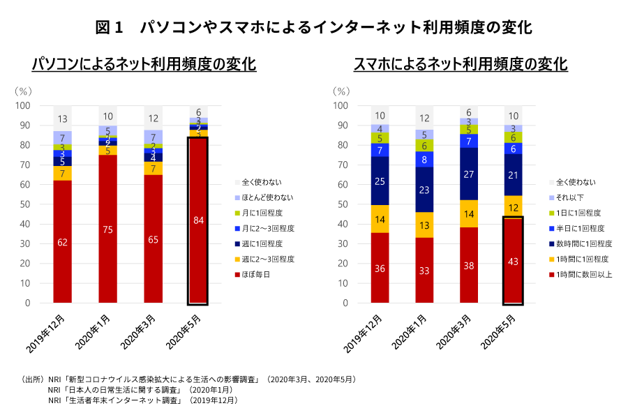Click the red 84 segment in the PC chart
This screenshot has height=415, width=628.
pyautogui.click(x=198, y=220)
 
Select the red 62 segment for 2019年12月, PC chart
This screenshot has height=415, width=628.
pyautogui.click(x=63, y=242)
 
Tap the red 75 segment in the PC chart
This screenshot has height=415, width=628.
pyautogui.click(x=108, y=229)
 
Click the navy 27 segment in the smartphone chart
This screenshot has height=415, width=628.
pyautogui.click(x=470, y=174)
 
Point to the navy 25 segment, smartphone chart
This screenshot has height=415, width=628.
pyautogui.click(x=380, y=181)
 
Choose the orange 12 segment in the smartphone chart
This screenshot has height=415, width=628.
pyautogui.click(x=514, y=207)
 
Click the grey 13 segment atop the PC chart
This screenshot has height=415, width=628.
pyautogui.click(x=63, y=119)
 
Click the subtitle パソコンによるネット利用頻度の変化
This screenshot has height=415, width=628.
pyautogui.click(x=144, y=64)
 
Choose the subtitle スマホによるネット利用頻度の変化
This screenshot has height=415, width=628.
pyautogui.click(x=461, y=64)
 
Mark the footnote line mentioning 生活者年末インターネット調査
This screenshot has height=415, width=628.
pyautogui.click(x=142, y=400)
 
